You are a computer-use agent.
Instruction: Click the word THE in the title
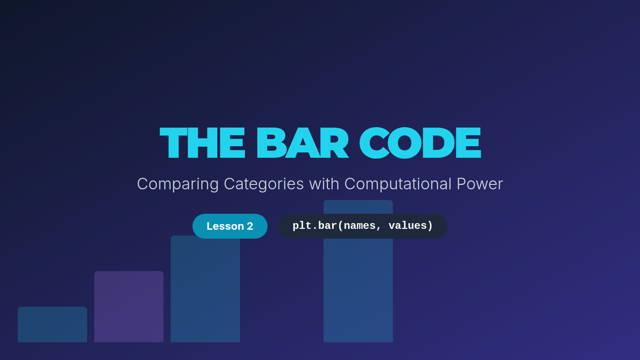[x=202, y=142]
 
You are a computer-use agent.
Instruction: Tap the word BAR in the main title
[x=302, y=142]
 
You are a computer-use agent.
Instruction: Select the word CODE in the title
[x=420, y=142]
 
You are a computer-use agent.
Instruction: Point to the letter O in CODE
[x=404, y=142]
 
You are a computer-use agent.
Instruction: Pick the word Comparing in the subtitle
[x=178, y=184]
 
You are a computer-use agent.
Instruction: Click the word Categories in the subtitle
[x=263, y=184]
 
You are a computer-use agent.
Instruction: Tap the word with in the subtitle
[x=324, y=183]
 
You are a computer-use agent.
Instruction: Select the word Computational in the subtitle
[x=398, y=184]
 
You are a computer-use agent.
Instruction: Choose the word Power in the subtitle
[x=479, y=183]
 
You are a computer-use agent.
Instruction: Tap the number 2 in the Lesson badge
[x=250, y=226]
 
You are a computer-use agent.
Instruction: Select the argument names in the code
[x=359, y=226]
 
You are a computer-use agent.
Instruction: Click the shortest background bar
[x=52, y=325]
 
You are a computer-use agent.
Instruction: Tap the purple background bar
[x=129, y=307]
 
